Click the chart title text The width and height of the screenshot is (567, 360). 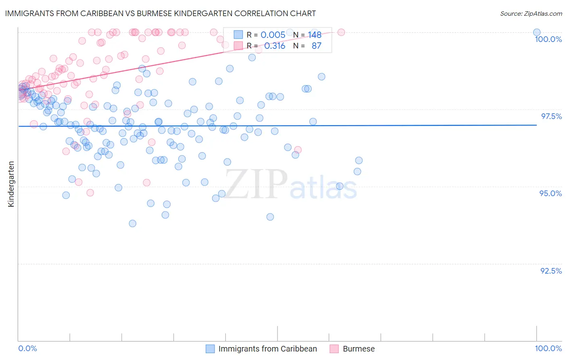161,13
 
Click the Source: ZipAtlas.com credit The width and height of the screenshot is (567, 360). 531,13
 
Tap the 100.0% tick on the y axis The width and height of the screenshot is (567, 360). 548,39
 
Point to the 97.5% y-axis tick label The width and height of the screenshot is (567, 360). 551,116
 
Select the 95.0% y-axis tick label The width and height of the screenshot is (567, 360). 550,193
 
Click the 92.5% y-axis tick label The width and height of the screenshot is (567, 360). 551,271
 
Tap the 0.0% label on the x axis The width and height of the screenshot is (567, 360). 27,348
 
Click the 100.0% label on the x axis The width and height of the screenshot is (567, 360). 548,348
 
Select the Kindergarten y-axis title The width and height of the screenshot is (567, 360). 11,184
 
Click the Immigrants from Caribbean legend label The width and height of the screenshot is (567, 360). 267,349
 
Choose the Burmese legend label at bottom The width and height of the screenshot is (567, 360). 359,349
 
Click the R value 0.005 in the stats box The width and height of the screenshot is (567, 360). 273,35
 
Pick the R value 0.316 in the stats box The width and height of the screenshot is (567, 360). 275,46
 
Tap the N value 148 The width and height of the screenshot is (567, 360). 315,35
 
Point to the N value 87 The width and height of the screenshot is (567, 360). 316,46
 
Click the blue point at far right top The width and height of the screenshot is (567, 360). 537,32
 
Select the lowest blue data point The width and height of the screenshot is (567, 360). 132,223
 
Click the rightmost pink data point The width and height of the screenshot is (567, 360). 341,32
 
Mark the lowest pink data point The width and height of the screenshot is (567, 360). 90,193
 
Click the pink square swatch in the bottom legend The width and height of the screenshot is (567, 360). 334,349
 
